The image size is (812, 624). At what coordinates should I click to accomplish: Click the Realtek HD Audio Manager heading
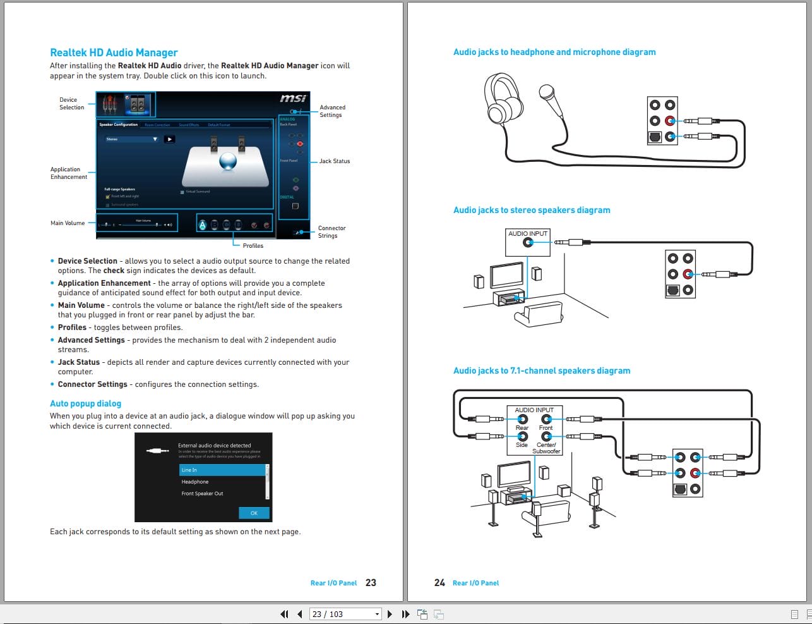tap(114, 52)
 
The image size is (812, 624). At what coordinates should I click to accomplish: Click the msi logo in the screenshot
tap(293, 99)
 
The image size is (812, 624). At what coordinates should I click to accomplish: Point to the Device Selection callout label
tap(71, 104)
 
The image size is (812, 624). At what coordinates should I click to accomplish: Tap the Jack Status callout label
tap(334, 161)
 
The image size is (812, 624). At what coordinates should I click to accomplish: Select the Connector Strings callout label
tap(331, 232)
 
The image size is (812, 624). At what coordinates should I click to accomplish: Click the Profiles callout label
tap(253, 246)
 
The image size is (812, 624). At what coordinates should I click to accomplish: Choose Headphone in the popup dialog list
tap(195, 482)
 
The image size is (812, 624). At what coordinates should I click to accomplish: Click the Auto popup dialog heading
tap(85, 403)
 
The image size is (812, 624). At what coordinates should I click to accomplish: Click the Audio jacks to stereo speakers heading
tap(531, 210)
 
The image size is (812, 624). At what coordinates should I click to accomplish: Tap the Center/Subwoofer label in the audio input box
tap(546, 448)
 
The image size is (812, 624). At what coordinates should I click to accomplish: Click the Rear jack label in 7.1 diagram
tap(522, 428)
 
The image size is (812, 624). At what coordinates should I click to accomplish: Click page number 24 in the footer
tap(439, 582)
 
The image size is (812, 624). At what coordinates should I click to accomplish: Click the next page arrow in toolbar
tap(390, 614)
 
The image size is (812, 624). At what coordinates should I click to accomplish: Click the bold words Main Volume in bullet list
tap(81, 305)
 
